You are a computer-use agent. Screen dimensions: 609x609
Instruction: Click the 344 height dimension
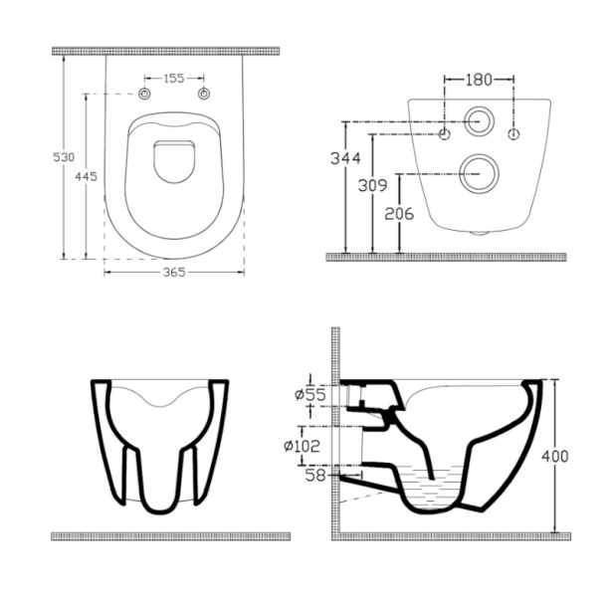pyautogui.click(x=344, y=157)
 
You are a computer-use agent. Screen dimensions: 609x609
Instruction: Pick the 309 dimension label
pyautogui.click(x=371, y=184)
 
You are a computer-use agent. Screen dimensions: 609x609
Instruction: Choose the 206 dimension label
pyautogui.click(x=400, y=212)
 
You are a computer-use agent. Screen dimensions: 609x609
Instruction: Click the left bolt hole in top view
pyautogui.click(x=144, y=95)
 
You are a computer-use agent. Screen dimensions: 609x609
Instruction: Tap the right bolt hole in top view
pyautogui.click(x=205, y=95)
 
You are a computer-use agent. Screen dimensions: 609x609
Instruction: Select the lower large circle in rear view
pyautogui.click(x=479, y=173)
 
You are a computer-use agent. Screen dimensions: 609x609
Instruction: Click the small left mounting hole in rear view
pyautogui.click(x=446, y=132)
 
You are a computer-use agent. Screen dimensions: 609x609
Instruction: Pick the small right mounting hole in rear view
pyautogui.click(x=513, y=132)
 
